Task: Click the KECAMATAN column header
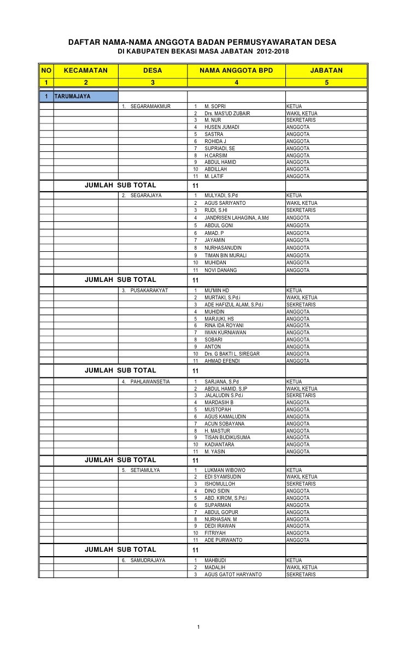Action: coord(86,70)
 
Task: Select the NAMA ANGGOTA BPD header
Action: coord(236,70)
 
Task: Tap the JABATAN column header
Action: coord(326,70)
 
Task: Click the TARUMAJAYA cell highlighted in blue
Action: coord(85,97)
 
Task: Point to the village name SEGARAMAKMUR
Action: coord(150,106)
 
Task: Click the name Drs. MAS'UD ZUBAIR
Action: coord(227,113)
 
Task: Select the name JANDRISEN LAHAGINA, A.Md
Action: coord(236,218)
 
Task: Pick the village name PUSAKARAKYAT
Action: coord(149,290)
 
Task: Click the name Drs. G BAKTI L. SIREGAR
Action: coord(232,353)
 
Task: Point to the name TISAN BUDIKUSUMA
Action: coord(227,438)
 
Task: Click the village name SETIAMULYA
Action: coord(145,470)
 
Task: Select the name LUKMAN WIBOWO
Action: coord(225,470)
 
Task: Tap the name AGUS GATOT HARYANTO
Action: coord(233,574)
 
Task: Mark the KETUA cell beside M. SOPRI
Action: coord(295,106)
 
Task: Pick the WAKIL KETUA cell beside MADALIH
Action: coord(301,568)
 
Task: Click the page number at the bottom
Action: coord(200,626)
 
